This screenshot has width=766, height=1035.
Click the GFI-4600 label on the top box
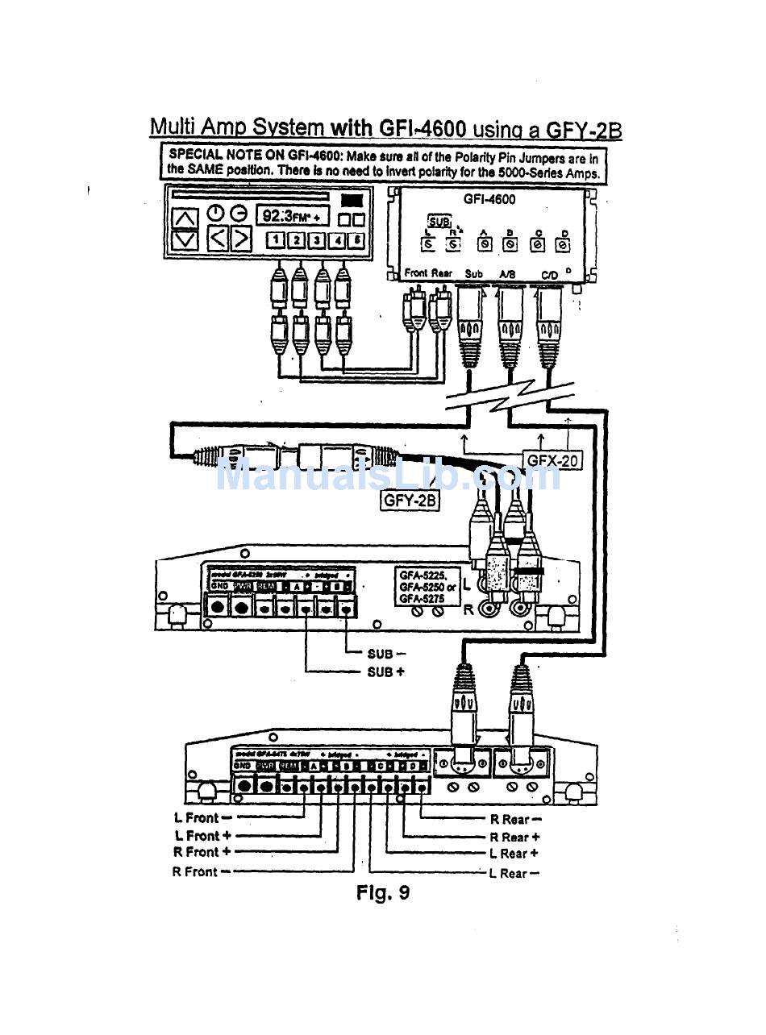[489, 199]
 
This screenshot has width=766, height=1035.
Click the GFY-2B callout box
[410, 500]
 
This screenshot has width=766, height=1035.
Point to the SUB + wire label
[385, 671]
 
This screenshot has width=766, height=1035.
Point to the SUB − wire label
[385, 654]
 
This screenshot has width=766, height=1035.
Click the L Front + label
[202, 836]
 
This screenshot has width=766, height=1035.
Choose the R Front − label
[201, 871]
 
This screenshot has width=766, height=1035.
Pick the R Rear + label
[514, 838]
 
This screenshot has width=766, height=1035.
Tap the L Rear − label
[514, 873]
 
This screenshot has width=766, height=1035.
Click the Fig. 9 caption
[383, 893]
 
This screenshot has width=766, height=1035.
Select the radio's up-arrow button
[185, 218]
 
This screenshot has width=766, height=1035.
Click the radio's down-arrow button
[185, 239]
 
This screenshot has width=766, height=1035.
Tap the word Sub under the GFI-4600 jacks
[474, 274]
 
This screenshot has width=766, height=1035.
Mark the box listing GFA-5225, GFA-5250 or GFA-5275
[427, 586]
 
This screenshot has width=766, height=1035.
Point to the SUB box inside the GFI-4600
[439, 221]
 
